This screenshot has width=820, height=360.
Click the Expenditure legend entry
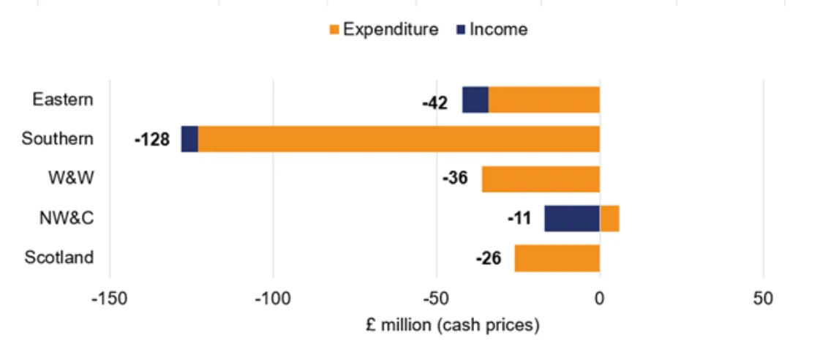click(x=383, y=29)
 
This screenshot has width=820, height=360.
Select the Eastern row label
click(x=63, y=99)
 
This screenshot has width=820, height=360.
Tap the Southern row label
click(x=58, y=138)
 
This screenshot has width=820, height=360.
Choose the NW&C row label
click(x=67, y=217)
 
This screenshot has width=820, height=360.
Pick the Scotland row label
click(x=59, y=258)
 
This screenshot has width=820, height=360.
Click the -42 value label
click(x=435, y=102)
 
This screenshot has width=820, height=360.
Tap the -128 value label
click(x=151, y=140)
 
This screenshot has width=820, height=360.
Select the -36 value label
click(x=454, y=179)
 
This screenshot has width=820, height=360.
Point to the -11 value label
click(x=519, y=219)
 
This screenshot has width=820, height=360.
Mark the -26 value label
click(x=488, y=258)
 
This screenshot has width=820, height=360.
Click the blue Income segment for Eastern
click(x=475, y=100)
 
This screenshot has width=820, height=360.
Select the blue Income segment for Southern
click(x=189, y=139)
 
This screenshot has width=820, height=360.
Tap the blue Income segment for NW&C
click(x=572, y=219)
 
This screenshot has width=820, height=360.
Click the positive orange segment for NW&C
click(x=609, y=219)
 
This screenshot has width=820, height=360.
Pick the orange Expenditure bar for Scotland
click(x=557, y=258)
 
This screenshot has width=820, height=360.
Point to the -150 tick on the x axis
click(x=110, y=299)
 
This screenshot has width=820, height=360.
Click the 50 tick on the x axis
click(x=763, y=299)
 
